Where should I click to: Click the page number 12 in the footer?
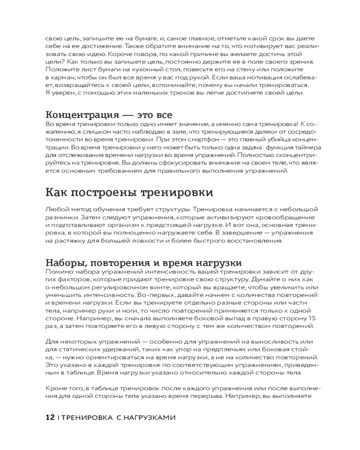point(50,418)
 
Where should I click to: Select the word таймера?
point(308,147)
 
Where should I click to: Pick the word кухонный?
point(135,69)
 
